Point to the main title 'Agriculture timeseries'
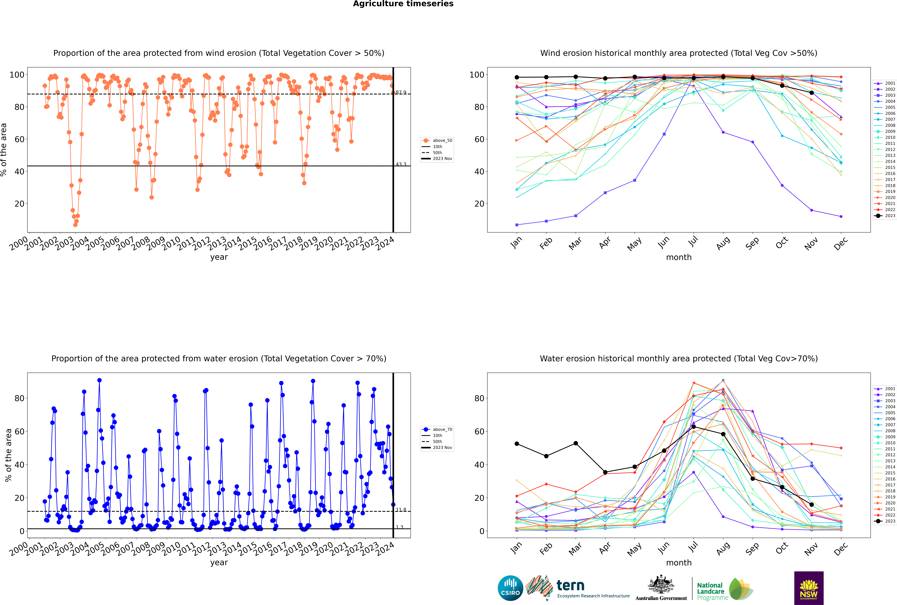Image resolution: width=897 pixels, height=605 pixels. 403,4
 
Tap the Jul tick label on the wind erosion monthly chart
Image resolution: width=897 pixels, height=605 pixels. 693,242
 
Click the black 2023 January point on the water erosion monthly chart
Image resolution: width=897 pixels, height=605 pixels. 517,444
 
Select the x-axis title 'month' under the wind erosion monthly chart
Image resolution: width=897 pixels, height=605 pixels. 679,257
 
